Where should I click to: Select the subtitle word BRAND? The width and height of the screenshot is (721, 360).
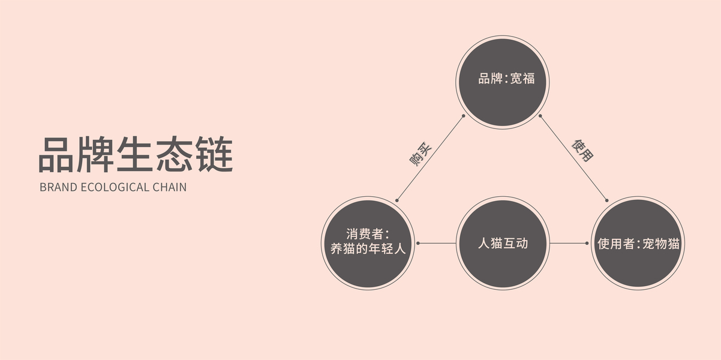[x=58, y=187]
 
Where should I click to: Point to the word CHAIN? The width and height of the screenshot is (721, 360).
[x=169, y=187]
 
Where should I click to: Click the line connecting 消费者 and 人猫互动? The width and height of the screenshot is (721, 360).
[x=437, y=243]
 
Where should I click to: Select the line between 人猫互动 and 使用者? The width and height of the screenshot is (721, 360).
[x=568, y=243]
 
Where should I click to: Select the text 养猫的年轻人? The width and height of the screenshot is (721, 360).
[x=368, y=249]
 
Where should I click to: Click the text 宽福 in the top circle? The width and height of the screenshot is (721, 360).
[x=522, y=79]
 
